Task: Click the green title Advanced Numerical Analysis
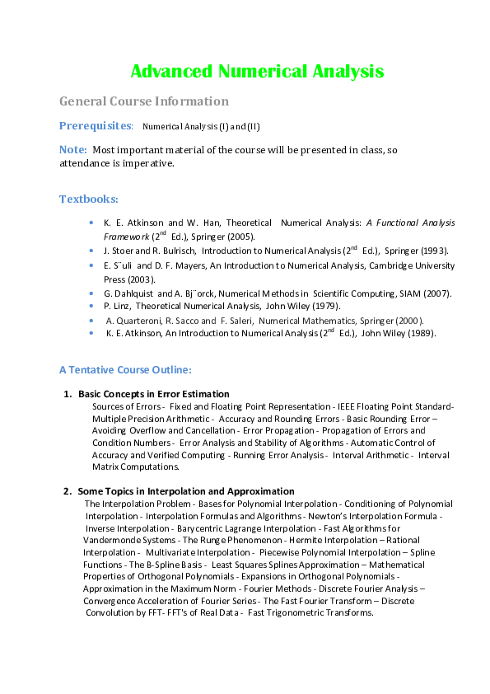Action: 258,71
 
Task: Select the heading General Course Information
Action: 144,101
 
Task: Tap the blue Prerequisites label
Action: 96,125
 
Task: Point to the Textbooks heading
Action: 88,199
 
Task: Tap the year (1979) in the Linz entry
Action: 324,306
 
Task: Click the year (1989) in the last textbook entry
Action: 418,333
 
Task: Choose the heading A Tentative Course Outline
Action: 125,369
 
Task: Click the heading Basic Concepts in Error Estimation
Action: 154,394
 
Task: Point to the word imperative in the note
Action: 147,162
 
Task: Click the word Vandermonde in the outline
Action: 110,540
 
